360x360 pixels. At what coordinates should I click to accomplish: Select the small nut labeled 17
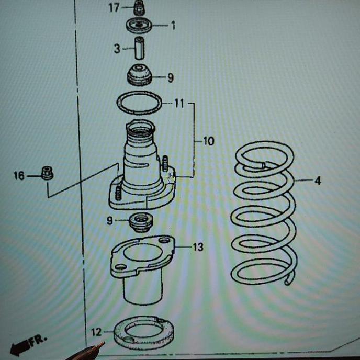click(139, 7)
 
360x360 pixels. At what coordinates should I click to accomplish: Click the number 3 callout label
click(117, 49)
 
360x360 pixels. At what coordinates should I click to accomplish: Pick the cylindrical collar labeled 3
click(140, 48)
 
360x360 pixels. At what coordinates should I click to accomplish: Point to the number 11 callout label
click(179, 104)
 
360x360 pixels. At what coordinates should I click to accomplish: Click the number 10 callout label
click(208, 141)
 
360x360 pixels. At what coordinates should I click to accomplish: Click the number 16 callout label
click(19, 176)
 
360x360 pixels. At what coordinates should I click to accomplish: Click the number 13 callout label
click(197, 247)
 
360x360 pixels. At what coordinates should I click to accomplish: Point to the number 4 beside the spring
click(318, 181)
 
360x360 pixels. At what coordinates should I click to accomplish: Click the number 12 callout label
click(96, 332)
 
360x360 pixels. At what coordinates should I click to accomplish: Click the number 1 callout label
click(173, 25)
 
